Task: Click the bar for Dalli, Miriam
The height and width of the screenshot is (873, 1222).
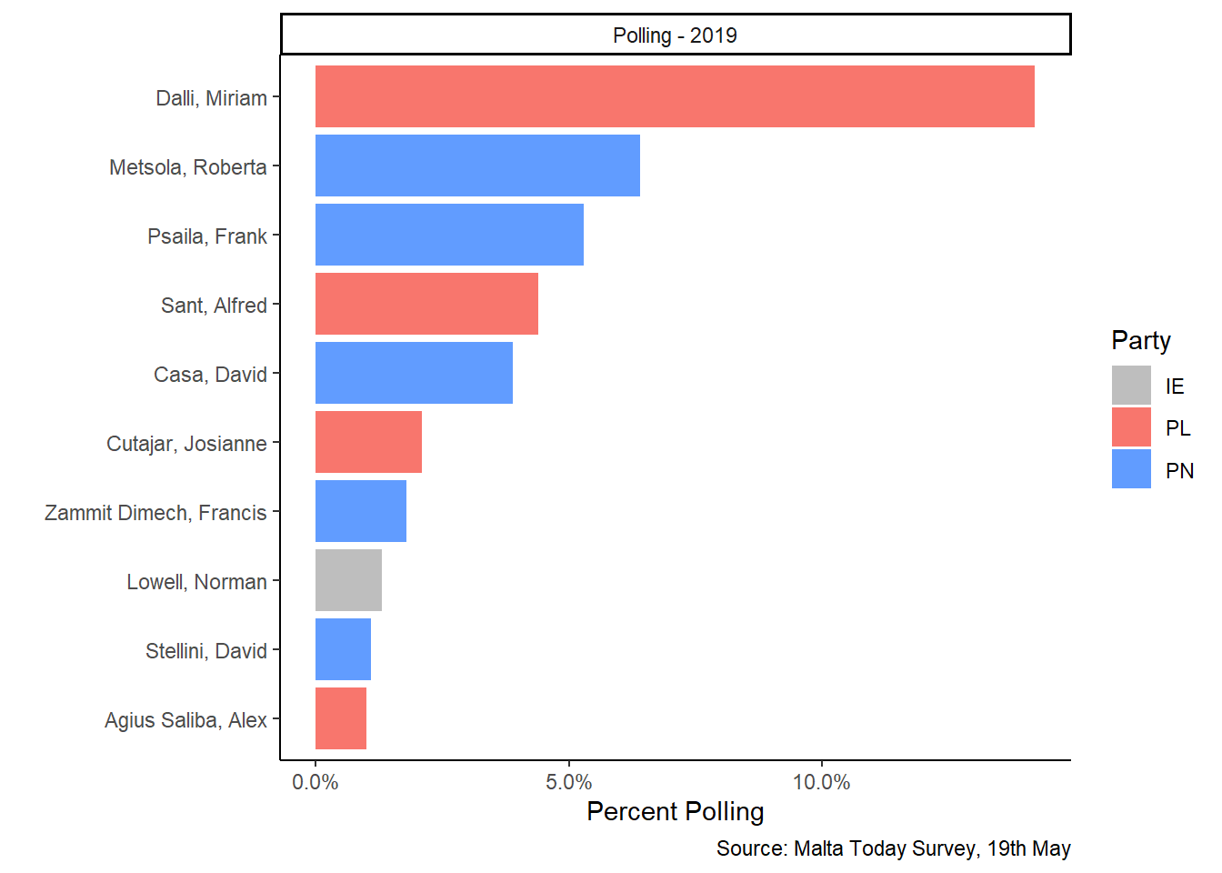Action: tap(675, 96)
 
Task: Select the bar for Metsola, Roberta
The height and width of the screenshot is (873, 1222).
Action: tap(477, 166)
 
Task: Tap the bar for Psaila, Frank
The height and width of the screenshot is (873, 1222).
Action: tap(449, 235)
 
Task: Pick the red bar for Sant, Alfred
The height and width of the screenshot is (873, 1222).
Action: tap(426, 304)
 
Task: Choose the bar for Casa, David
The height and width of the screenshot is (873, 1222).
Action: tap(414, 373)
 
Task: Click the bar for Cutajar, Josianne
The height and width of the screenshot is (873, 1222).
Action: tap(368, 442)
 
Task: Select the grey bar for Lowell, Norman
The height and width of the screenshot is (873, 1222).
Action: tap(348, 580)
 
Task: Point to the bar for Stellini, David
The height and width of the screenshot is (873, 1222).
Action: tap(343, 649)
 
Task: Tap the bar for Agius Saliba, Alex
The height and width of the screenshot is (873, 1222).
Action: tap(341, 718)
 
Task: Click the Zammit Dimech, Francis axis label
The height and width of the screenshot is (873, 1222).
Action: tap(155, 513)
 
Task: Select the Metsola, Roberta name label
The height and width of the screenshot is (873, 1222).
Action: tap(188, 167)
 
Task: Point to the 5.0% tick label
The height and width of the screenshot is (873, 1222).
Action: tap(568, 782)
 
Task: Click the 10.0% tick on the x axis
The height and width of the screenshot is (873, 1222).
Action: tap(821, 782)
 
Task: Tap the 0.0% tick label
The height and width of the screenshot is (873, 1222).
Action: tap(316, 782)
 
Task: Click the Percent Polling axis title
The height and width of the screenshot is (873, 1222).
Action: tap(675, 811)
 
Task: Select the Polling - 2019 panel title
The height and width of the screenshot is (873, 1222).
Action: tap(675, 35)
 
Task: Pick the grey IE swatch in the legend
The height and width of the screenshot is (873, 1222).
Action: tap(1131, 386)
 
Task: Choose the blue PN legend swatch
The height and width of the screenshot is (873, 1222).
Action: tap(1131, 469)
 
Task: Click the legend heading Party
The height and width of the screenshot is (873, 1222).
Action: tap(1141, 340)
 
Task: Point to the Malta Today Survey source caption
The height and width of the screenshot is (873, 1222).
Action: tap(893, 848)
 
